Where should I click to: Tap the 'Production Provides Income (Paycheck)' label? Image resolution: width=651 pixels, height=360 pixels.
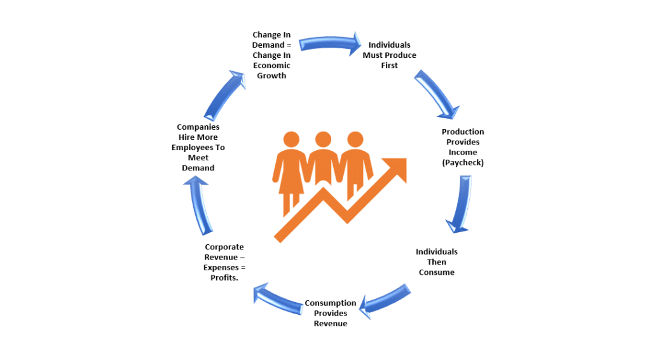point(462,148)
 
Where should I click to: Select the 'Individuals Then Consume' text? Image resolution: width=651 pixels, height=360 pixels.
point(436,262)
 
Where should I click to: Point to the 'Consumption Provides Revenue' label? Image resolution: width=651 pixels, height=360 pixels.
point(330,314)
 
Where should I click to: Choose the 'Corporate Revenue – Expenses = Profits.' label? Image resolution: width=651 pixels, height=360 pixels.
point(224,263)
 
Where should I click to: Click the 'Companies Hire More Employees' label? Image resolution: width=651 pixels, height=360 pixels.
point(198,148)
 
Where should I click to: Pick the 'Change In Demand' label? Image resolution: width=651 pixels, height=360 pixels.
point(271,55)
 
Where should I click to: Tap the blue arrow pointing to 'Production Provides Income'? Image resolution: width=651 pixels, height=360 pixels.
point(437,95)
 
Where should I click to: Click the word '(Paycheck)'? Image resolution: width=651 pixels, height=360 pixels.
point(462,163)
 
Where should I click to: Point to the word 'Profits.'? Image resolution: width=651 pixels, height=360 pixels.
point(224,278)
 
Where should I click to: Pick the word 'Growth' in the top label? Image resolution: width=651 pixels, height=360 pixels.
point(271,76)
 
